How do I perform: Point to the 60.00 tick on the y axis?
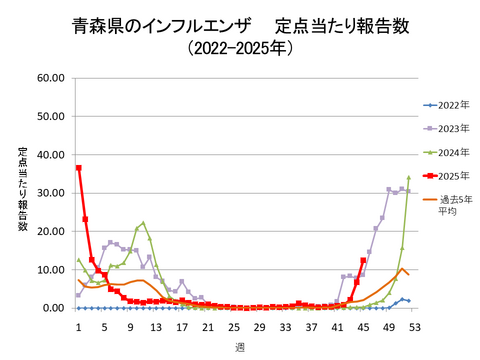tap(51, 78)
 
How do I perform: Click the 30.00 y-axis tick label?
tap(51, 193)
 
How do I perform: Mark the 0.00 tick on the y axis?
tap(54, 308)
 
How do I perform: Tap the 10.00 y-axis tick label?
tap(51, 270)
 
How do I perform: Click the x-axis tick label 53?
tap(414, 326)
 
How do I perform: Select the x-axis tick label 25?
tap(233, 326)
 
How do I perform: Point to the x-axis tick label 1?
tap(78, 326)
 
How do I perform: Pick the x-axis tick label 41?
tap(337, 326)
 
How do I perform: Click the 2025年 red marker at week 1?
tap(78, 167)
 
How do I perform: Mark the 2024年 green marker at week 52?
tap(408, 178)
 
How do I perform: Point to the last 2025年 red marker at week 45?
tap(363, 261)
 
